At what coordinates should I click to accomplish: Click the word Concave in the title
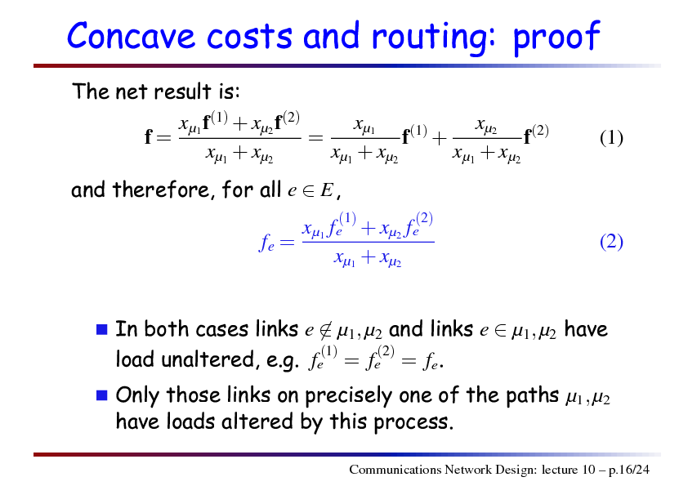[131, 35]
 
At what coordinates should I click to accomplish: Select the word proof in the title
[556, 38]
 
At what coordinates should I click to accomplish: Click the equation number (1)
[611, 138]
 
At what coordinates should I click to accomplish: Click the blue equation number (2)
[611, 242]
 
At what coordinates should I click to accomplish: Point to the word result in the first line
[182, 91]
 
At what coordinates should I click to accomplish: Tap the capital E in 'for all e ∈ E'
[327, 190]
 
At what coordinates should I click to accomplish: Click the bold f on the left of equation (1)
[149, 137]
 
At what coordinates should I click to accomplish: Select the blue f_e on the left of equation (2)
[266, 243]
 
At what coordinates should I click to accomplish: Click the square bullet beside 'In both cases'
[102, 329]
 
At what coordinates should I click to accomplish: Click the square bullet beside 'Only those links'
[102, 395]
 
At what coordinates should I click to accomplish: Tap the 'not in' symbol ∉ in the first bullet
[325, 330]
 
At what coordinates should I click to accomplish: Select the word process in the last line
[413, 423]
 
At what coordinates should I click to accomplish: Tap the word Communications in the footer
[395, 470]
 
